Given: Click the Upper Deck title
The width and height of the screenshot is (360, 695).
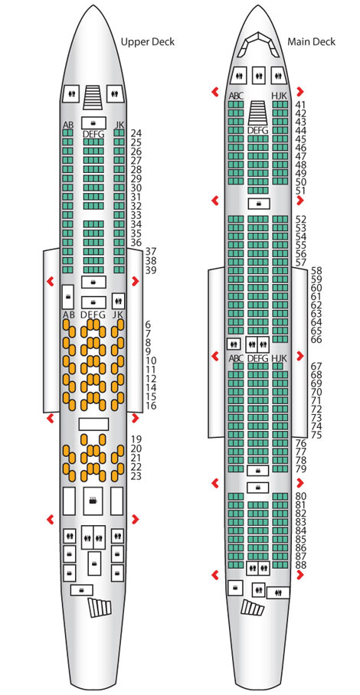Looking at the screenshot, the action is pyautogui.click(x=148, y=42).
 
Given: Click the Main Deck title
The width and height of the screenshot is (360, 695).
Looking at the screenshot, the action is pyautogui.click(x=311, y=42).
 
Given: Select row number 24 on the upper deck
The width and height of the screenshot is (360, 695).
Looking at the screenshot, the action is pyautogui.click(x=136, y=133).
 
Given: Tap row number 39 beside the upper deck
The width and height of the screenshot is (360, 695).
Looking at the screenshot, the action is pyautogui.click(x=150, y=270).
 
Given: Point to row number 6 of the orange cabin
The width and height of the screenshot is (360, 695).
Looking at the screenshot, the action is pyautogui.click(x=148, y=324).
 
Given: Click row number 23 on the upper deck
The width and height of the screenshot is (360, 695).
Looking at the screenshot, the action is pyautogui.click(x=136, y=477).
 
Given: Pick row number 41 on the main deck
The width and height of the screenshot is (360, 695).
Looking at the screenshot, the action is pyautogui.click(x=300, y=105).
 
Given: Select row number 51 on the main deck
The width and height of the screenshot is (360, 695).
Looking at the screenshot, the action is pyautogui.click(x=300, y=191).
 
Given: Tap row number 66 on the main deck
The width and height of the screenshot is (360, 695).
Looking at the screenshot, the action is pyautogui.click(x=316, y=340).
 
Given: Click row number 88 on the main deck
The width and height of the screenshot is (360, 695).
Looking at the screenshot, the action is pyautogui.click(x=300, y=565).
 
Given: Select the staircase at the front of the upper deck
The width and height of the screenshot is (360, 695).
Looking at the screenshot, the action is pyautogui.click(x=93, y=97).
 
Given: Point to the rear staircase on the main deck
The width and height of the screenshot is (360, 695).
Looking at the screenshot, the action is pyautogui.click(x=252, y=607).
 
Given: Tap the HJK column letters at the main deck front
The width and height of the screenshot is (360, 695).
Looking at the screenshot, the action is pyautogui.click(x=280, y=96).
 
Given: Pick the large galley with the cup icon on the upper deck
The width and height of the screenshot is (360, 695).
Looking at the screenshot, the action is pyautogui.click(x=93, y=501).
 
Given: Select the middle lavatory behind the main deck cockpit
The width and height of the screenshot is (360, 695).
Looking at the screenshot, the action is pyautogui.click(x=258, y=76).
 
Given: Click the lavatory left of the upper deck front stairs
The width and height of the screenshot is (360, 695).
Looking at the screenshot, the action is pyautogui.click(x=71, y=93).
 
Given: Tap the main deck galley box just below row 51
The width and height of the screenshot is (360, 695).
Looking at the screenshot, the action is pyautogui.click(x=258, y=204).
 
